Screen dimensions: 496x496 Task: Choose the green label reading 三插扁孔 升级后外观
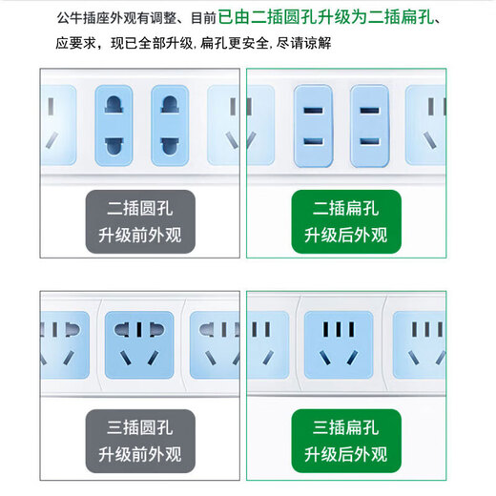click(x=346, y=441)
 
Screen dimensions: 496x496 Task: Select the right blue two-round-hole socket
click(x=172, y=125)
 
